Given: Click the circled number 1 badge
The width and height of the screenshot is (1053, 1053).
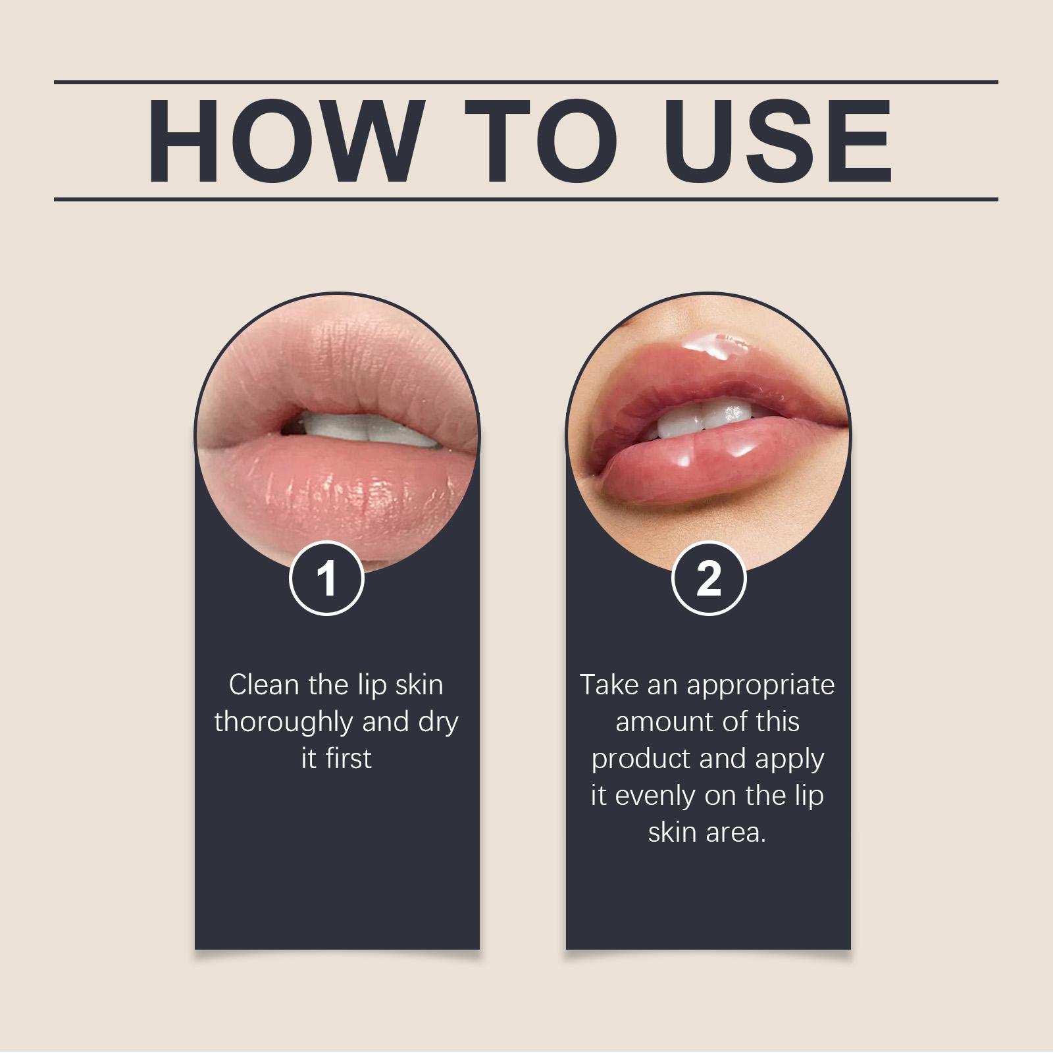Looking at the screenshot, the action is coord(327,579).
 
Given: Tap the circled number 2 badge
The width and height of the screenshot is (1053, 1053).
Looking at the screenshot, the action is coord(708,579).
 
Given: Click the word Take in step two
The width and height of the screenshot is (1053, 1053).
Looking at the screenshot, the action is coord(609,685).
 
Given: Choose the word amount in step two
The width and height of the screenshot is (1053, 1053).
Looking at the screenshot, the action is coord(660,722).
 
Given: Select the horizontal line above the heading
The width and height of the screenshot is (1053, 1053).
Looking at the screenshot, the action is coord(526,82).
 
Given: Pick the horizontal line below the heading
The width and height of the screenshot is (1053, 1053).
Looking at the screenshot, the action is coord(526,199).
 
